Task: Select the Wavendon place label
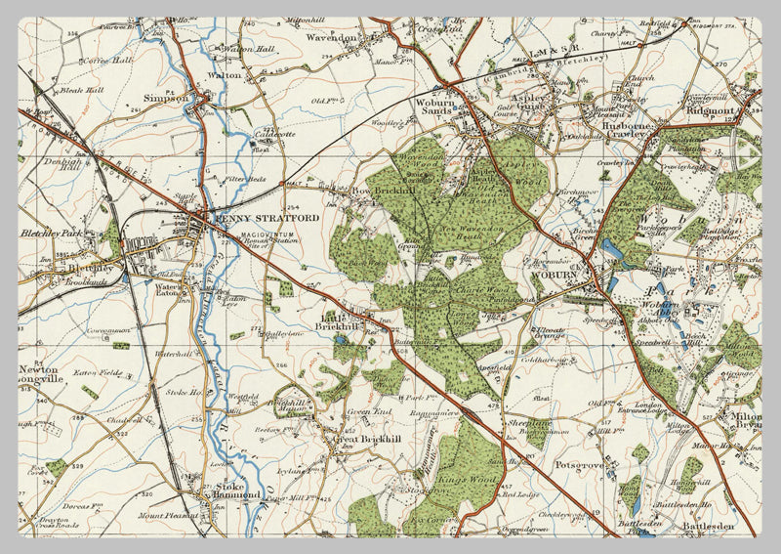click(332, 38)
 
